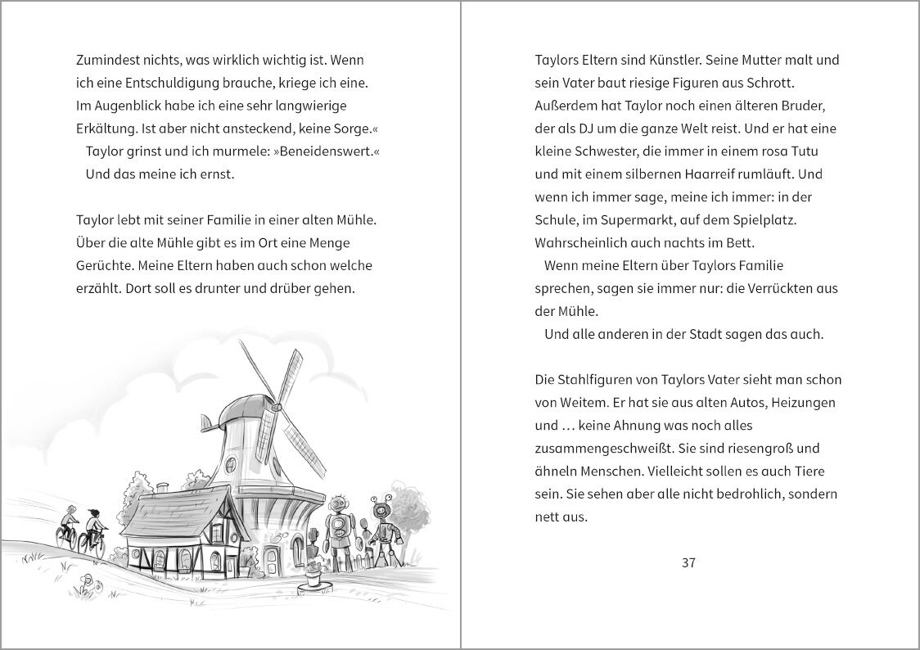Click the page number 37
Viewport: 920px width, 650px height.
pos(688,562)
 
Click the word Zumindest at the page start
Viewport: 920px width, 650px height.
pos(106,61)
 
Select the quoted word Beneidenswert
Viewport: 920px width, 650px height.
pos(327,151)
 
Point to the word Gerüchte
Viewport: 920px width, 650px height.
pos(103,266)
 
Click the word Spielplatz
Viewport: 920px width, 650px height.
pos(761,221)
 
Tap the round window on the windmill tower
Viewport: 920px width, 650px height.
pos(231,465)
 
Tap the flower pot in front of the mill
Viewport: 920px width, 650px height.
pos(312,579)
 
